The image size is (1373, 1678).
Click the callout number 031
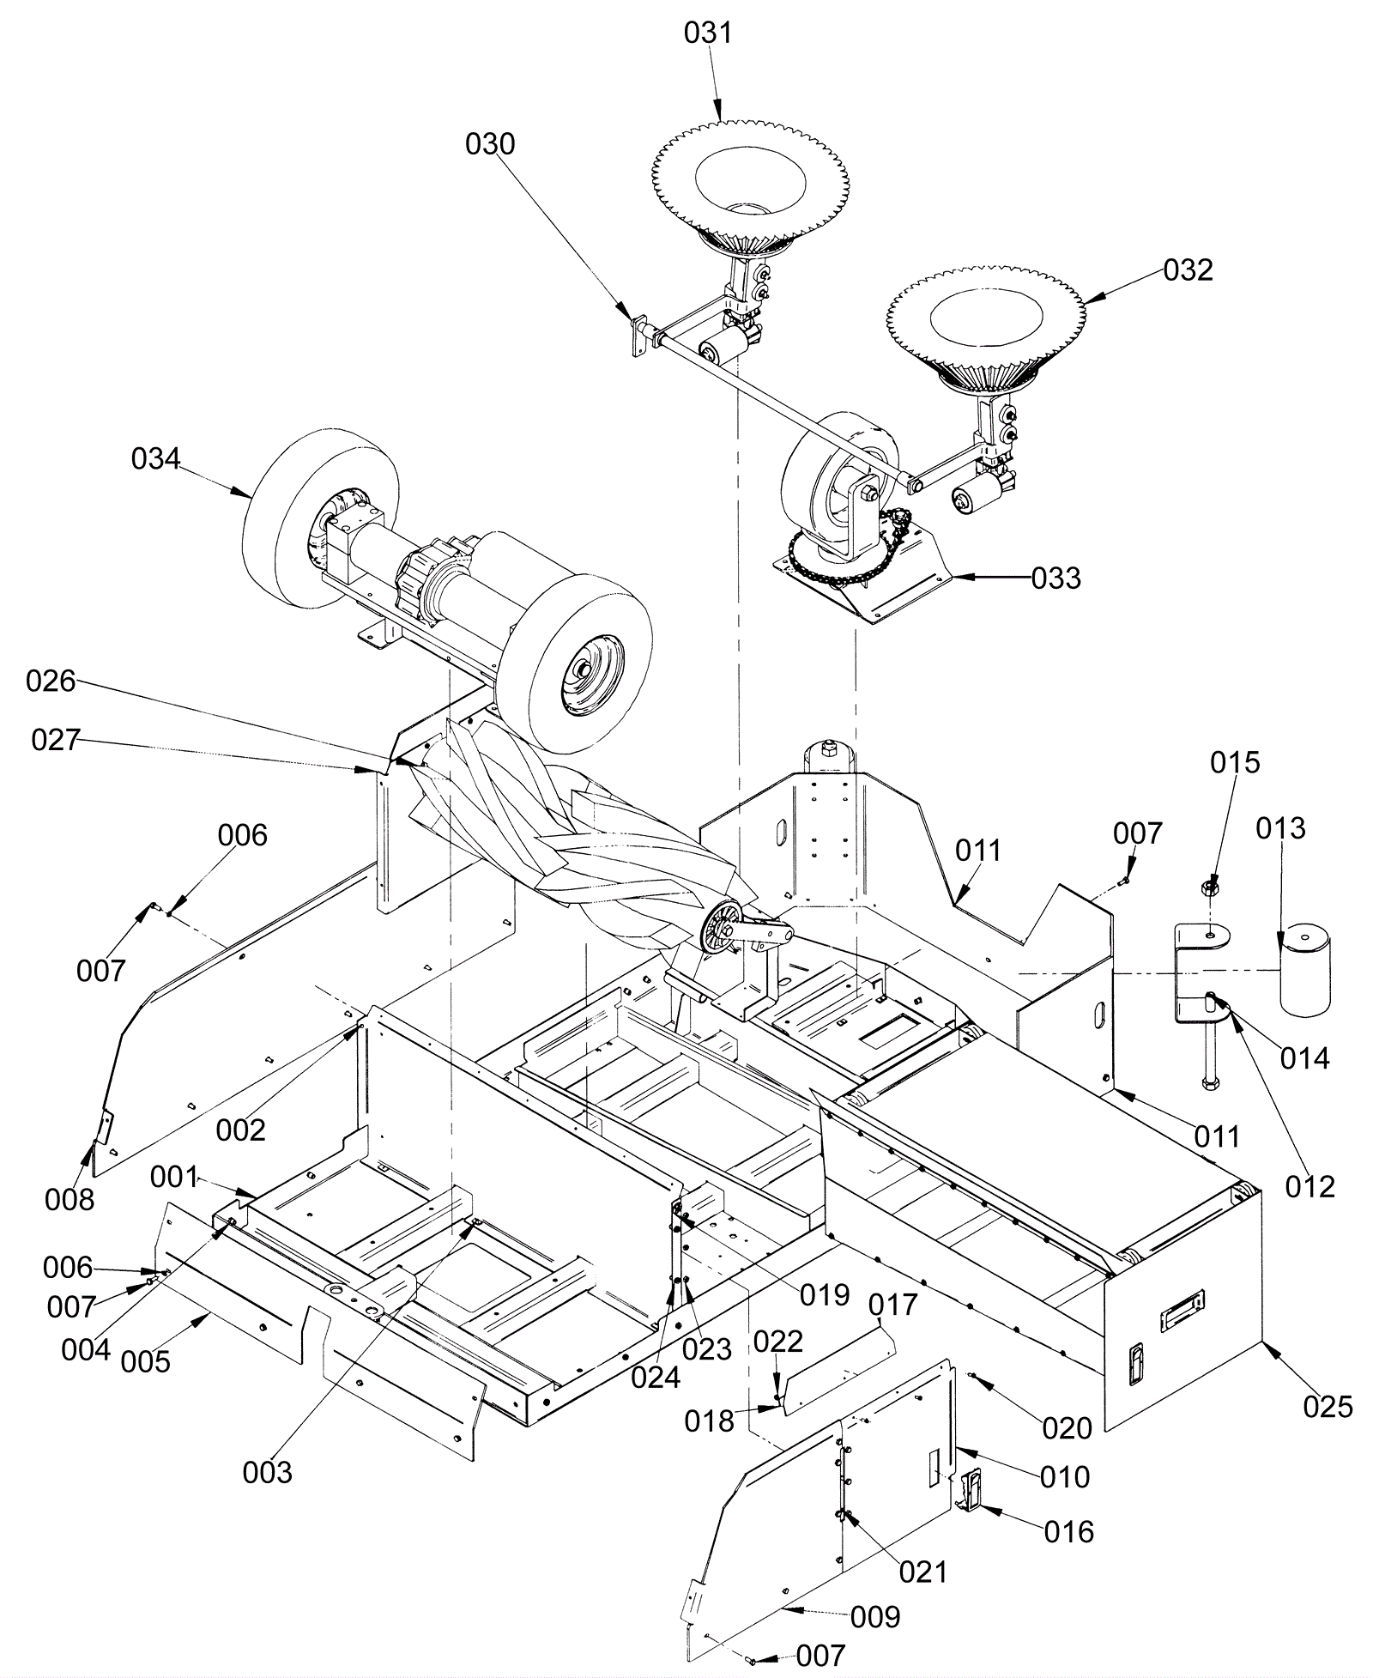tap(708, 33)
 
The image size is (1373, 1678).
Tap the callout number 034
tap(155, 459)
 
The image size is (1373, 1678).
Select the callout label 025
tap(1328, 1407)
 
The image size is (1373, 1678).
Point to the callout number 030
tap(490, 144)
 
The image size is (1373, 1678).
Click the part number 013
tap(1280, 828)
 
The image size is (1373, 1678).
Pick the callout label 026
tap(51, 681)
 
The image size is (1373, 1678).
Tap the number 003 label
tap(268, 1473)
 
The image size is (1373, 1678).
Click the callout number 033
tap(1055, 579)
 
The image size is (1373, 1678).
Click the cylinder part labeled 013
tap(1304, 969)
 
